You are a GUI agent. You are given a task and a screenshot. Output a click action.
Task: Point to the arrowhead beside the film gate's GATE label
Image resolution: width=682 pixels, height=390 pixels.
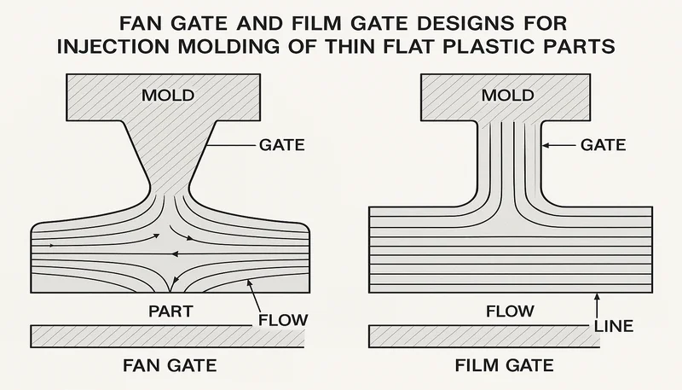(547, 146)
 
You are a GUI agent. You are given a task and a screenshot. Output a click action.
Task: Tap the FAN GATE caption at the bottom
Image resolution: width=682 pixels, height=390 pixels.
(168, 367)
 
